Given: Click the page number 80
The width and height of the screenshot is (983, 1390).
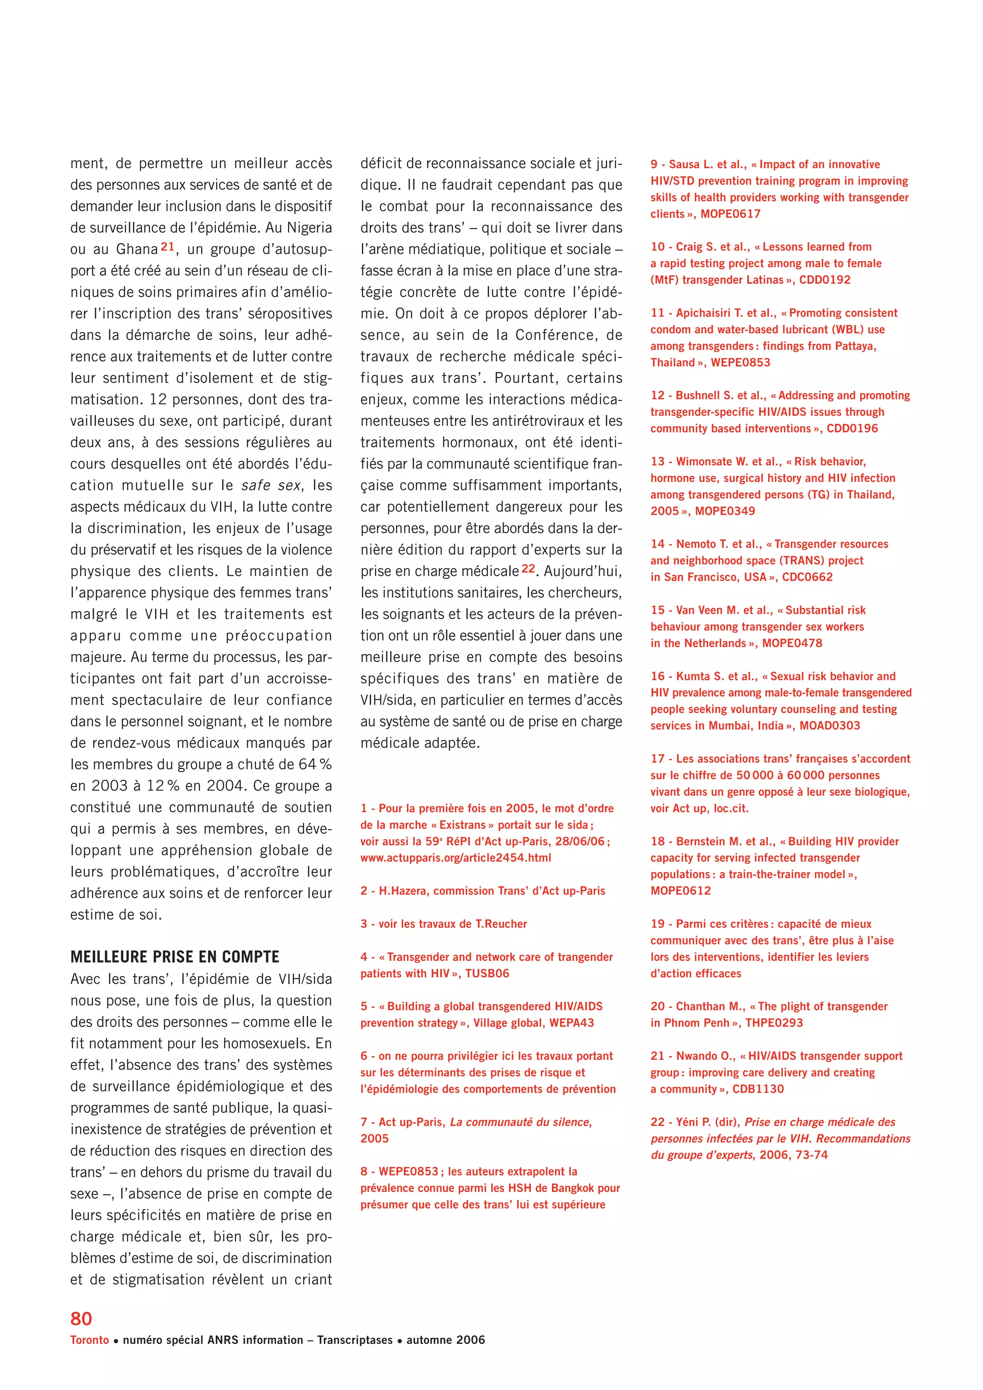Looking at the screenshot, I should point(81,1318).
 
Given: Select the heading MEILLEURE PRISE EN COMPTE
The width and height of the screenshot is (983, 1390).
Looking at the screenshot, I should point(175,957).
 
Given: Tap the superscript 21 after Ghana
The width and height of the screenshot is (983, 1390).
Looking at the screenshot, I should point(168,246).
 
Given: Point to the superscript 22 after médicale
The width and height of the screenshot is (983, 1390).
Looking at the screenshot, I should point(528,568).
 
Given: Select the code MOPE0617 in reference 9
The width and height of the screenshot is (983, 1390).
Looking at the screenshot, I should point(731,214).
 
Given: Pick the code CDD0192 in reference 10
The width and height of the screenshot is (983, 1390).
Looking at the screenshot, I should point(825,280).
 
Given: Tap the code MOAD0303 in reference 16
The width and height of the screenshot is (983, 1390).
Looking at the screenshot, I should point(830,725).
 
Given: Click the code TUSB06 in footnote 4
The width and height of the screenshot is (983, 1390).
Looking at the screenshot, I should point(487,973).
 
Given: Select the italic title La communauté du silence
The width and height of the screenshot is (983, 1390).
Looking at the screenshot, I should point(521,1122).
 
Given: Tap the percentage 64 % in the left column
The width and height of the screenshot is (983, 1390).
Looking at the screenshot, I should point(315,764).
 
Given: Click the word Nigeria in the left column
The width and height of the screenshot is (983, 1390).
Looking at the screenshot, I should point(309,228).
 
